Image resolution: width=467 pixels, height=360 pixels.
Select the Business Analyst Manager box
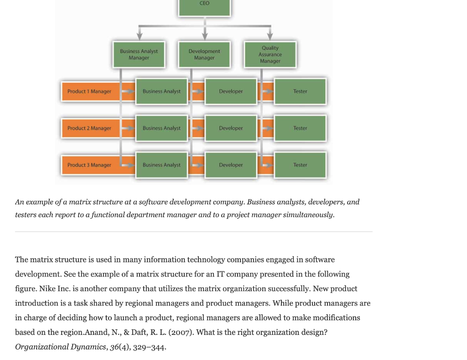(x=139, y=55)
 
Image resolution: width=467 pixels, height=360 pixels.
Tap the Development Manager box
(x=204, y=55)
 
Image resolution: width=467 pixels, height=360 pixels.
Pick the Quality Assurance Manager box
(x=270, y=55)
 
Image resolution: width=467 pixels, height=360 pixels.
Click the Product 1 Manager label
(x=89, y=92)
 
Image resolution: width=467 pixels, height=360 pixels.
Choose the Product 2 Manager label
(x=89, y=128)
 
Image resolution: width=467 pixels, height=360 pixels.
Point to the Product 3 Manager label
(x=89, y=165)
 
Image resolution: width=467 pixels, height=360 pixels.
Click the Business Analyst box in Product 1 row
(x=161, y=92)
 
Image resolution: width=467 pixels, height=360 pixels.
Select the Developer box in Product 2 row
(x=231, y=128)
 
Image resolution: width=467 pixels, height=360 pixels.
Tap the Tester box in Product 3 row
(x=300, y=165)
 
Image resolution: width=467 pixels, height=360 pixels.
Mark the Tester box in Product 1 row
(x=300, y=92)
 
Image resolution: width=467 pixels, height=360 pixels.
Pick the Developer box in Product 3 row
(x=231, y=165)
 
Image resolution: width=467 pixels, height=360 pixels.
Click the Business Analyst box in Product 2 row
(x=161, y=128)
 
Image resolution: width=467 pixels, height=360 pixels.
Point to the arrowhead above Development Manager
(x=205, y=36)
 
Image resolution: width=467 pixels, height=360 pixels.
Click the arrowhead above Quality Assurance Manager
(x=270, y=36)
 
